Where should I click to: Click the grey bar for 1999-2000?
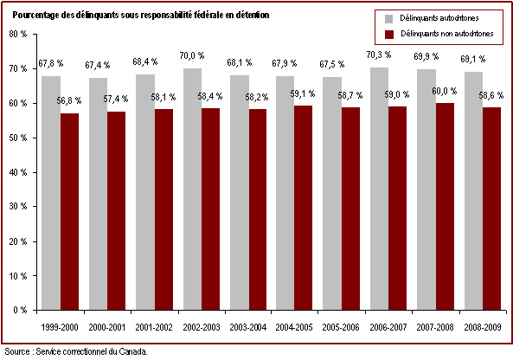(51, 193)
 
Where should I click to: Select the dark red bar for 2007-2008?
(445, 207)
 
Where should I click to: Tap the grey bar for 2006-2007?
(379, 189)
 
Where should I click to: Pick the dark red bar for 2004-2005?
(303, 208)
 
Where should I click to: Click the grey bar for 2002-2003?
(192, 190)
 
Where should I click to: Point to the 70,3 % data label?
(379, 55)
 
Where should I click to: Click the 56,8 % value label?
(68, 100)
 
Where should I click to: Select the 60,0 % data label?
(444, 91)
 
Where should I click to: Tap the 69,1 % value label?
(472, 59)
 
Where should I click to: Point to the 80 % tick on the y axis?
(18, 34)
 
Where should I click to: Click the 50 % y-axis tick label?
(18, 138)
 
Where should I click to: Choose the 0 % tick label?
(20, 310)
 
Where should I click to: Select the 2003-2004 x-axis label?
(248, 327)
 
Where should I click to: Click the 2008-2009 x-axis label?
(483, 327)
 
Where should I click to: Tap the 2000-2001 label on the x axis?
(107, 327)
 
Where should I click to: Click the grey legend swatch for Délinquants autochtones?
(389, 19)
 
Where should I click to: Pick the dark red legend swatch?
(389, 35)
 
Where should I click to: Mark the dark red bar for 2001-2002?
(164, 209)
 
